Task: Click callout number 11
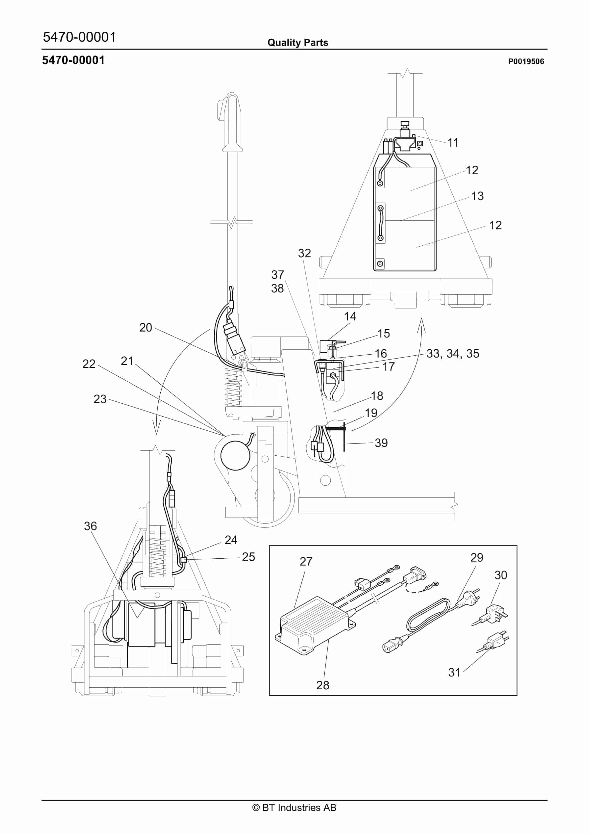point(452,143)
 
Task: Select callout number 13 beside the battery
point(477,196)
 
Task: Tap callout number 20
point(146,328)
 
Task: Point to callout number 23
point(100,399)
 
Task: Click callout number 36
point(90,526)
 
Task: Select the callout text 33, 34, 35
point(452,354)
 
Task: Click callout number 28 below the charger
point(322,685)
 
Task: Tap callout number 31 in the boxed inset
point(454,672)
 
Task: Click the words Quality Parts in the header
point(297,43)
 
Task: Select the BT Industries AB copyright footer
point(294,808)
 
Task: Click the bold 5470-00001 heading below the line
point(73,60)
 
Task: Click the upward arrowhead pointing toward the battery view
point(421,324)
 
